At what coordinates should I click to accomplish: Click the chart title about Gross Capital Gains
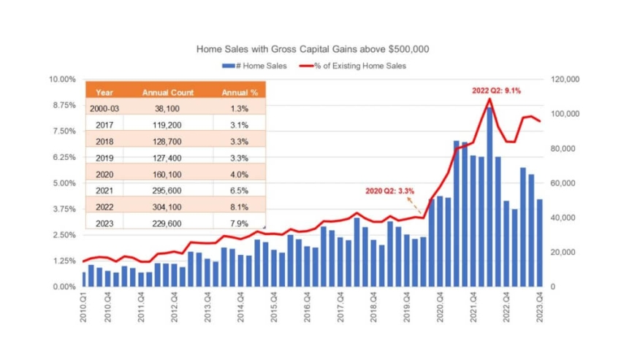(x=313, y=50)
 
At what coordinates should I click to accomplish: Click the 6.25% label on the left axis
(x=63, y=157)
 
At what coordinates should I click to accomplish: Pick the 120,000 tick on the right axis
(x=563, y=79)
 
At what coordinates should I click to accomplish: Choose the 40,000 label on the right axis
(x=560, y=218)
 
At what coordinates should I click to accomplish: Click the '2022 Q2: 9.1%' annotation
(x=497, y=90)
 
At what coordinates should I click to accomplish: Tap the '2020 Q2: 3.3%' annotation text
(x=390, y=191)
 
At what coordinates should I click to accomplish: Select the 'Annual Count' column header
(x=167, y=93)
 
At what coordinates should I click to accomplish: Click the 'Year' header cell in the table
(x=104, y=93)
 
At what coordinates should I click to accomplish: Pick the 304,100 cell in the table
(x=167, y=207)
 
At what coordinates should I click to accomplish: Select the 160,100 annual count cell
(x=167, y=174)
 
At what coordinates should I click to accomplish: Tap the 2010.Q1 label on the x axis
(x=84, y=305)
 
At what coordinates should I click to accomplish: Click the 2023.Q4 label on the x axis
(x=540, y=305)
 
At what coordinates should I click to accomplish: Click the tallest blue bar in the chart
(x=489, y=197)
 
